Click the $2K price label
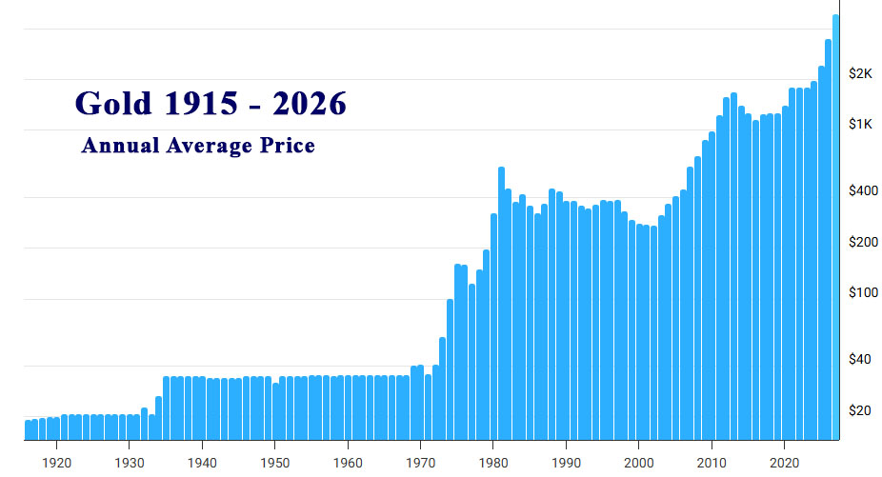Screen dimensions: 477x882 (861, 73)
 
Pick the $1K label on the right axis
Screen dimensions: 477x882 (861, 124)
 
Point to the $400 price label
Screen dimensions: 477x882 (862, 191)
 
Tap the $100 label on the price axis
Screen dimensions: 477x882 (862, 293)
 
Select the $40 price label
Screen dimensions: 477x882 (861, 360)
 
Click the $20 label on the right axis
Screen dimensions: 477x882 (861, 411)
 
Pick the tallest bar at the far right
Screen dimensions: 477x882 (835, 229)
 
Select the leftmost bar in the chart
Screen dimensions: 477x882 (28, 430)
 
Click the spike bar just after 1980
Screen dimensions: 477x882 (501, 305)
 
